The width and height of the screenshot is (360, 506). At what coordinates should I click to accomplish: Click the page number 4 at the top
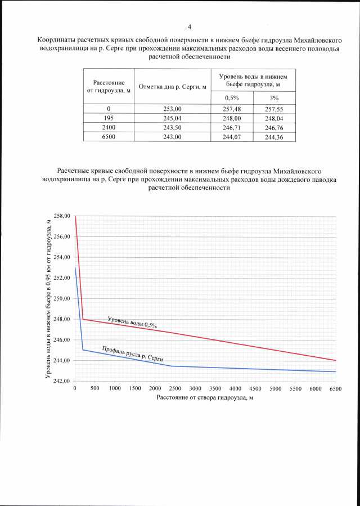pos(190,27)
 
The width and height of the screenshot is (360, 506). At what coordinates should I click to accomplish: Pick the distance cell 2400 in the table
pos(109,128)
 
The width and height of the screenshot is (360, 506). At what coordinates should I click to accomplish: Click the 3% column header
pos(274,98)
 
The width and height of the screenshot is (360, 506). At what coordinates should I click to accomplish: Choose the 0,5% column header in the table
pos(232,98)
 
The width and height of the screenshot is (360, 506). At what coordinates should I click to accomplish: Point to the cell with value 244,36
pos(274,137)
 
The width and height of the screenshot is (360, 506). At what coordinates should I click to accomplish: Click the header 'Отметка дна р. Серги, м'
pos(172,87)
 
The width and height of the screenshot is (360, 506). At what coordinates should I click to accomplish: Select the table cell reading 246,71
pos(232,128)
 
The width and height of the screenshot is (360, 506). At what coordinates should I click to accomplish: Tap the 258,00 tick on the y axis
pos(62,216)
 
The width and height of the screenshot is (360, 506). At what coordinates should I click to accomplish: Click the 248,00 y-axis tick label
pos(62,320)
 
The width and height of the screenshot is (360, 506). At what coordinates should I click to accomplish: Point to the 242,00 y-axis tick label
pos(62,382)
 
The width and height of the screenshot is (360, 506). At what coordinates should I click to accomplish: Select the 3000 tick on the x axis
pos(195,389)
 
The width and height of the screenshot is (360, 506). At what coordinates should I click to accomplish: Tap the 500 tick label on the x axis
pos(94,389)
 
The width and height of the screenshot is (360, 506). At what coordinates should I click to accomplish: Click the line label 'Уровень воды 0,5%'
pos(132,323)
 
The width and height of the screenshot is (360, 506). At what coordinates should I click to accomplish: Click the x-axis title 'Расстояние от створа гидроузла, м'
pos(205,398)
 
